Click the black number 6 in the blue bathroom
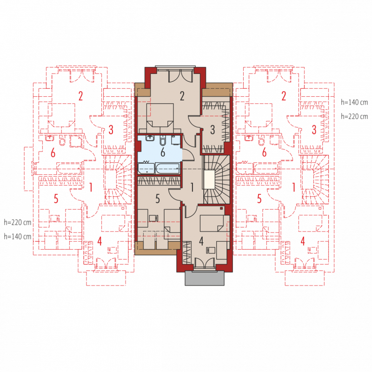(x=163, y=153)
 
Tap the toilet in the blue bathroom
(x=163, y=140)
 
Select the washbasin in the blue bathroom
(x=150, y=138)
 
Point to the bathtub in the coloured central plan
(x=167, y=168)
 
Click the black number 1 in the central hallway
(x=192, y=187)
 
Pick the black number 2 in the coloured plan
(x=182, y=96)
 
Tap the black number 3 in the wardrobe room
(x=213, y=130)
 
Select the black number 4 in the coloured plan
(x=201, y=241)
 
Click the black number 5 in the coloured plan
(x=158, y=199)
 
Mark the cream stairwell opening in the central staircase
(x=209, y=179)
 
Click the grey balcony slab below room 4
(x=205, y=278)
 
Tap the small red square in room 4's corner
(x=222, y=208)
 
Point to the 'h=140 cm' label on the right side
(x=354, y=102)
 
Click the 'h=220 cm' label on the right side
(x=354, y=117)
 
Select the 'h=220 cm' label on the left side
(x=18, y=222)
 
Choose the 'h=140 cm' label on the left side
(x=18, y=237)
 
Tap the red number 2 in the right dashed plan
(x=284, y=96)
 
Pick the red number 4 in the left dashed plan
(x=100, y=241)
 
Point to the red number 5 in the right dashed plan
(x=259, y=199)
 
